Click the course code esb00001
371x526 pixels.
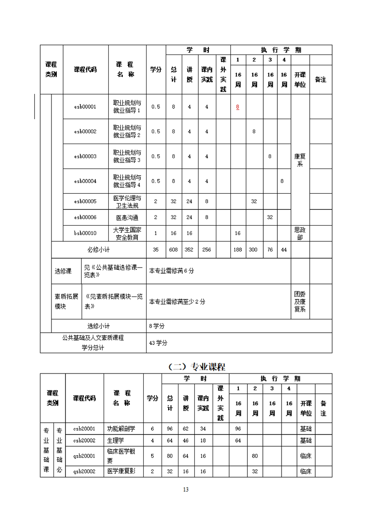coord(85,107)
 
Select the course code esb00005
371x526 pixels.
coord(85,201)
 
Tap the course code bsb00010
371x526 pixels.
coord(85,233)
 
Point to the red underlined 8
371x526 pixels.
coord(237,107)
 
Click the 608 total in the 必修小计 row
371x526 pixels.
coord(173,250)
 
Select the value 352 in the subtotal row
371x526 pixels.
coord(189,250)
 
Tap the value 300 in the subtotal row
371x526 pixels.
coord(253,250)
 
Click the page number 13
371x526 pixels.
coord(185,489)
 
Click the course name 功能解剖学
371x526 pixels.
coord(121,428)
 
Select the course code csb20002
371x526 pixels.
coord(84,440)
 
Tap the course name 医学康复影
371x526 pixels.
coord(121,471)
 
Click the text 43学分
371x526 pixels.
coord(158,343)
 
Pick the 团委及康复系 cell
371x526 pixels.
coord(300,301)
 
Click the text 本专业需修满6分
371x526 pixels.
coord(171,271)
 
